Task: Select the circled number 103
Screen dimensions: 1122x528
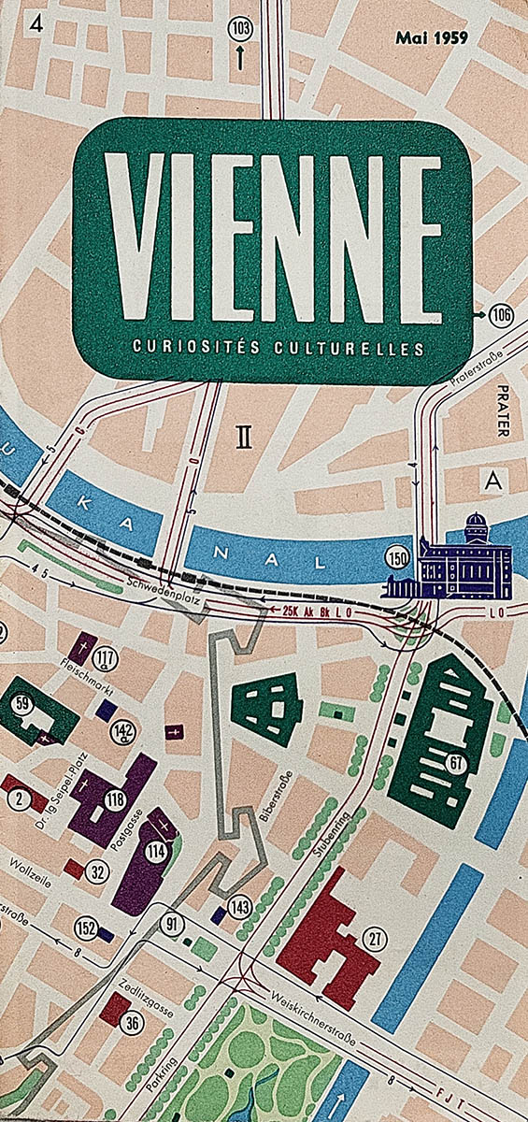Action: click(x=240, y=29)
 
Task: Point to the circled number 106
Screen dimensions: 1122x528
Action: click(x=501, y=315)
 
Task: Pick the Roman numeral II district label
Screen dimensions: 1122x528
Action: click(x=244, y=438)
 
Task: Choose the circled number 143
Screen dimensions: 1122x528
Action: click(x=240, y=905)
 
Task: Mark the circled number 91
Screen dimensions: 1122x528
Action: click(x=171, y=926)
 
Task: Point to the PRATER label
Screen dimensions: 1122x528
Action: click(x=503, y=410)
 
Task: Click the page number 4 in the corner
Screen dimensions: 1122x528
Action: click(x=36, y=24)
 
